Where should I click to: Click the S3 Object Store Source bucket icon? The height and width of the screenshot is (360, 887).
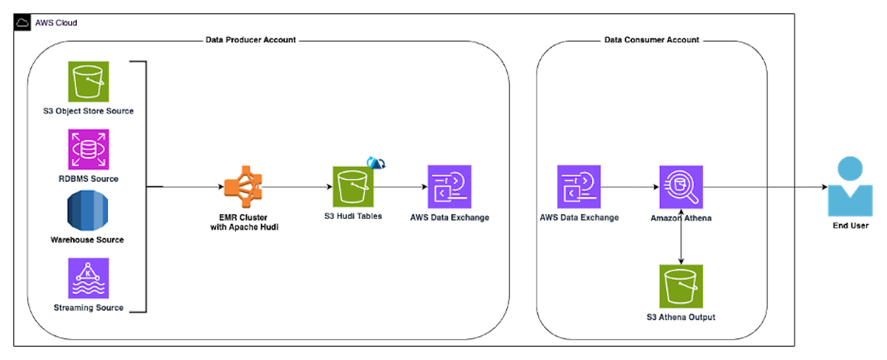click(88, 81)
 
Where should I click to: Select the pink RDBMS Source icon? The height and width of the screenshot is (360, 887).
click(88, 149)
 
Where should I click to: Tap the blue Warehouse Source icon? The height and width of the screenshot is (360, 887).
click(88, 212)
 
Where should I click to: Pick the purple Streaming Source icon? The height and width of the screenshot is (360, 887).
click(88, 278)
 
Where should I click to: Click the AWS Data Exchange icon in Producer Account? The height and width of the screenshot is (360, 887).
click(449, 187)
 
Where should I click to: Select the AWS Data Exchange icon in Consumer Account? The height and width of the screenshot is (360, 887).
click(579, 187)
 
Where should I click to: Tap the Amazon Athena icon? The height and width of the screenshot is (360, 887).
click(681, 187)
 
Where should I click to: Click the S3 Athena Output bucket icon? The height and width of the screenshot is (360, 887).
click(681, 285)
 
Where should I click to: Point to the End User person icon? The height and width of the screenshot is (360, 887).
click(849, 186)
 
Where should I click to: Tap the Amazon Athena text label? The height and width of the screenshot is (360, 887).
click(681, 218)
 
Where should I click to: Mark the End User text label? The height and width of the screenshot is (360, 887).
click(850, 225)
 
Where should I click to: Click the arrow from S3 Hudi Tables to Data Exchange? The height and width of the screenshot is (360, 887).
click(401, 187)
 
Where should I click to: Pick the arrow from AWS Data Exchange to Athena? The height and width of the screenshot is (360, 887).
click(629, 187)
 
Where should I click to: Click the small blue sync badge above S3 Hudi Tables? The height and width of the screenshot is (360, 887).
click(377, 163)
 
